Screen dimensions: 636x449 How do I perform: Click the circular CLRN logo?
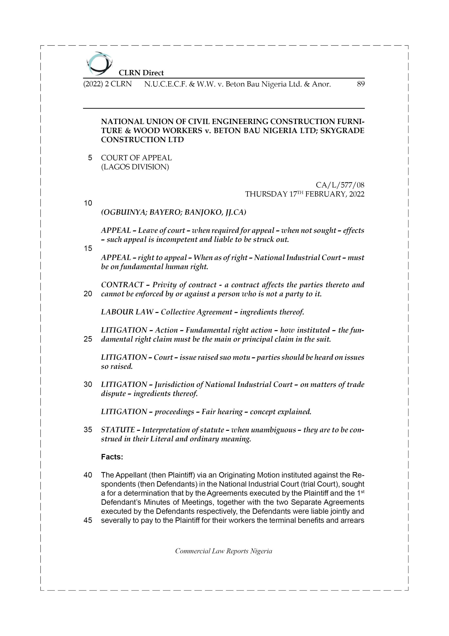pos(99,64)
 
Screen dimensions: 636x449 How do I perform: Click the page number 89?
pos(360,84)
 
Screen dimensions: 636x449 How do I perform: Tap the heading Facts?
pos(112,457)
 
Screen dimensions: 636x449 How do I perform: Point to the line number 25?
pos(88,339)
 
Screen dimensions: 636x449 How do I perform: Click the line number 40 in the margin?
pos(88,475)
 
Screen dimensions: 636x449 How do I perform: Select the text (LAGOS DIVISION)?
pos(135,167)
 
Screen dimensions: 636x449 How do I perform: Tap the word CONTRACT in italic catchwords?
pos(122,285)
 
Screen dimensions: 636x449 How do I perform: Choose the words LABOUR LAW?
pos(127,312)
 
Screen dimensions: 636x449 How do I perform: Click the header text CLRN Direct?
pos(141,73)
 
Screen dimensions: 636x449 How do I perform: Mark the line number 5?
pos(90,158)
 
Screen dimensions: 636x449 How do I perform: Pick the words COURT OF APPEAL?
pos(136,158)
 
